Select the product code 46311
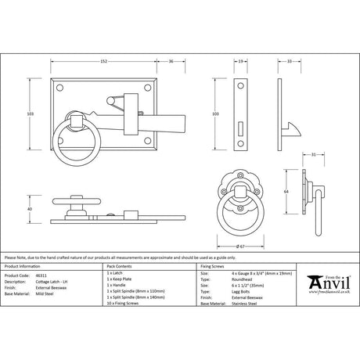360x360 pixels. tap(41, 276)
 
